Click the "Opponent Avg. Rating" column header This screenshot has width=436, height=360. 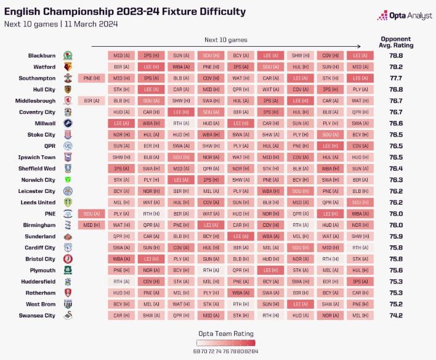coord(397,41)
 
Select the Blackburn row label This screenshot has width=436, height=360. coord(41,55)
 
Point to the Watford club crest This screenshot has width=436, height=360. coord(67,67)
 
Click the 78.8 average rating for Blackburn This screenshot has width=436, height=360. coord(396,55)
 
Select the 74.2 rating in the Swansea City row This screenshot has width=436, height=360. coord(396,316)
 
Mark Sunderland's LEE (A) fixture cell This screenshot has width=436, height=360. coord(241,236)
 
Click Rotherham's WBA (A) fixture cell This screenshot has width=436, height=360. coord(241,293)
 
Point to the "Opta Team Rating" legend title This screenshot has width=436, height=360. coord(225,333)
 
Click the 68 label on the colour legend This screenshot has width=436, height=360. coord(196,351)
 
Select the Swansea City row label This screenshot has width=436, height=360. coord(37,316)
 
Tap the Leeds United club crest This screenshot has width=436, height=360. coord(67,202)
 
